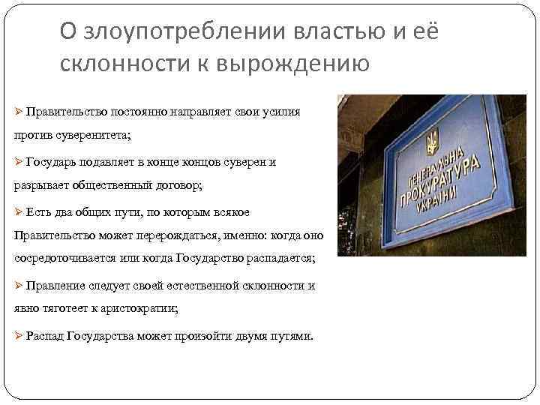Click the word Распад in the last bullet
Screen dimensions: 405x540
[44, 335]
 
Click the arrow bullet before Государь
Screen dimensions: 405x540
[19, 161]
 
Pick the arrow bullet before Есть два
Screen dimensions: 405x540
[19, 211]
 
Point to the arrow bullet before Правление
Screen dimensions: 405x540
[19, 286]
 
